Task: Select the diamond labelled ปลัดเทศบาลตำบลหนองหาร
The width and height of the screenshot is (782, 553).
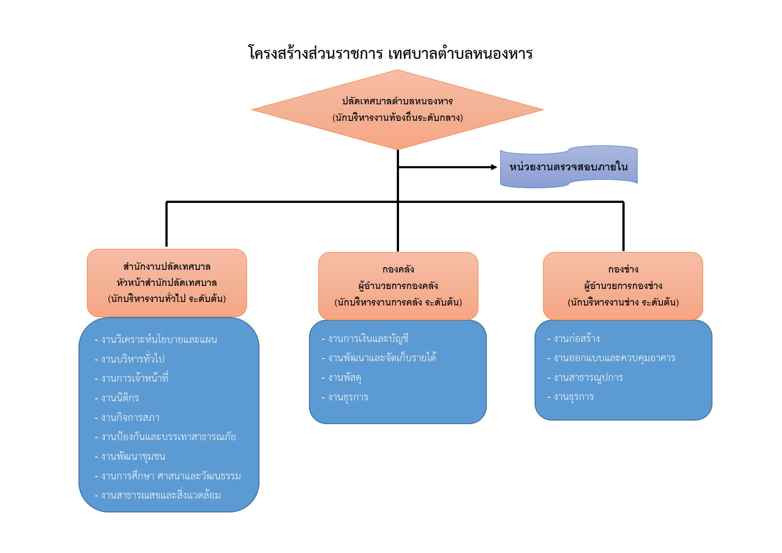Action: tap(397, 110)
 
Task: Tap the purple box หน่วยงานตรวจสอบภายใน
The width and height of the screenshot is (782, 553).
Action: tap(568, 167)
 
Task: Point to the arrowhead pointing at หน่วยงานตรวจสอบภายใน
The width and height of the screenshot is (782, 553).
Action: tap(494, 167)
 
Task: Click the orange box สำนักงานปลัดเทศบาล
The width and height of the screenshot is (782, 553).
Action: tap(167, 283)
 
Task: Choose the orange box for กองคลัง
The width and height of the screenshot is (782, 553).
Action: tap(398, 286)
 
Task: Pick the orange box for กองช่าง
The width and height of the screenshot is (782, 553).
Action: tap(623, 286)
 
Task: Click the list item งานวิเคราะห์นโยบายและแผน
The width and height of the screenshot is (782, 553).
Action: tap(156, 339)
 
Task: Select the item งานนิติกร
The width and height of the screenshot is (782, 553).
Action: tap(117, 398)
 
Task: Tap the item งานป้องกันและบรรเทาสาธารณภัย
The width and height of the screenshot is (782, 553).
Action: tap(165, 437)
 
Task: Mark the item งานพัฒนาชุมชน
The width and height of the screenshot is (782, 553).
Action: tap(130, 456)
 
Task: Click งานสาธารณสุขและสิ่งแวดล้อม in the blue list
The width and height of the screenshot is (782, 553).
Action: tap(157, 495)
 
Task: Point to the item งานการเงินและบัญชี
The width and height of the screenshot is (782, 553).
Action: tap(365, 338)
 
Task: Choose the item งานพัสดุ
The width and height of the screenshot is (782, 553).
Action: tap(341, 378)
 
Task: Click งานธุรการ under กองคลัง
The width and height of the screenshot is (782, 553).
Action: tap(345, 397)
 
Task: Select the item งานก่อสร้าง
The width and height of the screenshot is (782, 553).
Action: tap(573, 338)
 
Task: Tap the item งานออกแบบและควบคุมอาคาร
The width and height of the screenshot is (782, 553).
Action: tap(611, 358)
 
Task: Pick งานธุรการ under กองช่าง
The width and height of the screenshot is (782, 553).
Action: tap(570, 396)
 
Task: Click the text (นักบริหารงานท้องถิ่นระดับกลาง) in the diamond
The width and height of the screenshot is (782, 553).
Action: tap(398, 118)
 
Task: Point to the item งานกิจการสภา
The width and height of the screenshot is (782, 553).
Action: tap(127, 417)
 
